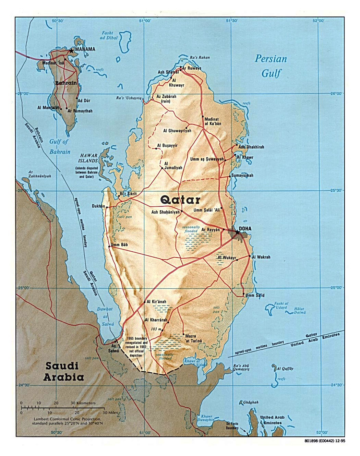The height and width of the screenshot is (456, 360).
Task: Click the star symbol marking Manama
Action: tap(71, 50)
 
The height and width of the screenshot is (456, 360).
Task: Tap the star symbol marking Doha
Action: tap(237, 232)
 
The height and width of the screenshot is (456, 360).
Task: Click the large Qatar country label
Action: tap(180, 200)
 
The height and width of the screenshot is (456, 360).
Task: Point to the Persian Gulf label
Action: tap(271, 66)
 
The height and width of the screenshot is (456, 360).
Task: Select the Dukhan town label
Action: tap(98, 206)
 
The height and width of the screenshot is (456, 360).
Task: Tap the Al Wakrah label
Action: tap(261, 257)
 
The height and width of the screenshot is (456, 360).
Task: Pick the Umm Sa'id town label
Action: tap(255, 295)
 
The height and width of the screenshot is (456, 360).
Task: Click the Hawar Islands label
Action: tap(88, 158)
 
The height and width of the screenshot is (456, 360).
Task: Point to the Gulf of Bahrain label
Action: tap(60, 146)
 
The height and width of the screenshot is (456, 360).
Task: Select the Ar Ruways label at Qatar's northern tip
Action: tap(192, 68)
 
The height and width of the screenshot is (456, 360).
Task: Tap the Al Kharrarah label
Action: tap(156, 320)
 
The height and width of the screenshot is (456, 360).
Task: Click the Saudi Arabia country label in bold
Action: tap(63, 372)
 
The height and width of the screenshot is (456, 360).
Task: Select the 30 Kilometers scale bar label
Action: tap(83, 403)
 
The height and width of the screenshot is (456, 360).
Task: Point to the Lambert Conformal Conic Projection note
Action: tap(67, 421)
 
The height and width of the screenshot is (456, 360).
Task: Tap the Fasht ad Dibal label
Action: tap(109, 35)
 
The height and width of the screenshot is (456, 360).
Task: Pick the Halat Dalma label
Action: tap(299, 311)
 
